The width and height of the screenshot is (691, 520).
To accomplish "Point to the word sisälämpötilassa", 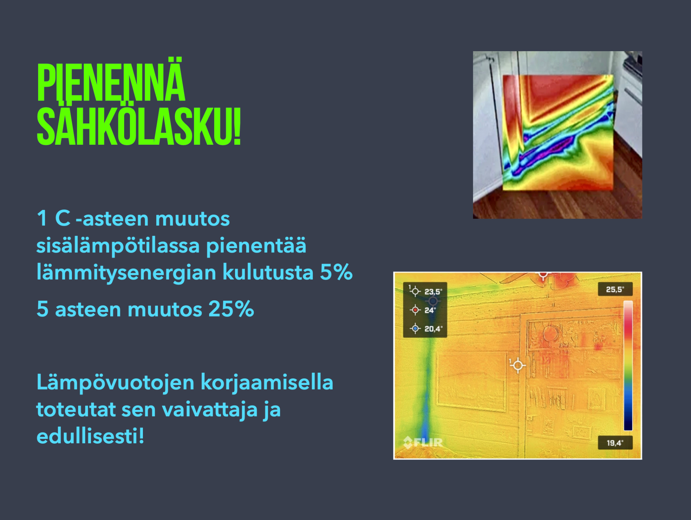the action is (118, 246).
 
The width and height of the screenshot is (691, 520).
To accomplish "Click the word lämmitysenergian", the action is (127, 273).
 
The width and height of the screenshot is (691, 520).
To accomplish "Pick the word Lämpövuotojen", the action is (116, 382).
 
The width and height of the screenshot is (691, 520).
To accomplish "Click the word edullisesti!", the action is (90, 436).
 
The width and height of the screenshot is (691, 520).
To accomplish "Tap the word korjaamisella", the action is (267, 382).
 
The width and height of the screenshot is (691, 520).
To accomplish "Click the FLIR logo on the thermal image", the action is (423, 442).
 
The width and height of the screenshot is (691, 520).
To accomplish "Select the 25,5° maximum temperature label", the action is (615, 290).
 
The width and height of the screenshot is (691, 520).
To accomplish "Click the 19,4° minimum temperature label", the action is (615, 443).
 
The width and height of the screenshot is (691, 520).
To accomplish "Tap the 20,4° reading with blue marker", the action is (433, 329).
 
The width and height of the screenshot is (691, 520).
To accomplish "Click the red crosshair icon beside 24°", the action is (415, 310).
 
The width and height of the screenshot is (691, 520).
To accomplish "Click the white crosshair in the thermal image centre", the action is (518, 366).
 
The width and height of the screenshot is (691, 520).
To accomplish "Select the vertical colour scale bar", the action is (628, 366).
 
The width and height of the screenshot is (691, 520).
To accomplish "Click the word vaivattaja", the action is (209, 409).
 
